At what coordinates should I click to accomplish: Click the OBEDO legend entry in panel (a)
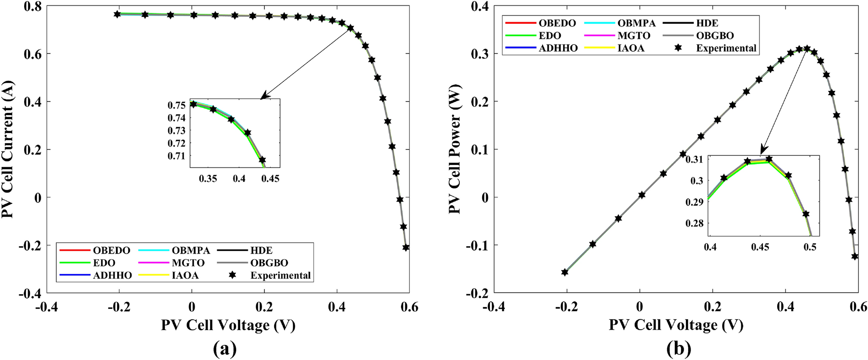point(111,251)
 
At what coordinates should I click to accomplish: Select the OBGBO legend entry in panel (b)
point(714,36)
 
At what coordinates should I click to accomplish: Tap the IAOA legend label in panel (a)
point(185,276)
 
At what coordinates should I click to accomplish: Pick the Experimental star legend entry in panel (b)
point(726,48)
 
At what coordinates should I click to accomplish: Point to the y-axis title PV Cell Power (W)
point(455,149)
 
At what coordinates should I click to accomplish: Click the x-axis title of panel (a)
point(228,325)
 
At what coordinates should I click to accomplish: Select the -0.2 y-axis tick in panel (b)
point(477,293)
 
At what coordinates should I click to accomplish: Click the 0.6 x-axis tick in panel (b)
point(858,307)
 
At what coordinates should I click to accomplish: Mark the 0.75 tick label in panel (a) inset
point(176,106)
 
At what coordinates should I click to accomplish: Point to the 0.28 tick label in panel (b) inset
point(694,223)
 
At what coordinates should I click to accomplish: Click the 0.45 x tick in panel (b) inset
point(760,247)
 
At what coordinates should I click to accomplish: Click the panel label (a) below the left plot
point(225,348)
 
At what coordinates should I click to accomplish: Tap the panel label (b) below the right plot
point(679,348)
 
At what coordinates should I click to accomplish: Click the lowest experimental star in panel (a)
point(406,247)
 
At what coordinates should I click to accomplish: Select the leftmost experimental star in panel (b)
point(564,272)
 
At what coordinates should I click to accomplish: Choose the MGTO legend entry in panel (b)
point(634,36)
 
